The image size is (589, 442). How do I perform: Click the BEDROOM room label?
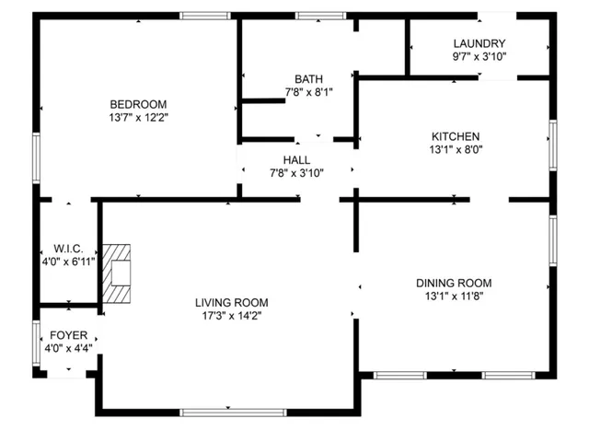click(138, 103)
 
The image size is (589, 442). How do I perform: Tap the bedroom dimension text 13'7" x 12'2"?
click(138, 117)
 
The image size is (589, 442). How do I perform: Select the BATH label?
click(308, 78)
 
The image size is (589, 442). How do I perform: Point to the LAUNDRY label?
click(479, 43)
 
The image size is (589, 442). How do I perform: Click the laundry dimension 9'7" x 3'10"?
click(479, 56)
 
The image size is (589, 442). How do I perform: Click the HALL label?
click(296, 159)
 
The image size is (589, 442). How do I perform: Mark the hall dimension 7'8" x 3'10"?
click(296, 172)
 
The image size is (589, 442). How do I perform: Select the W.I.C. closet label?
click(69, 249)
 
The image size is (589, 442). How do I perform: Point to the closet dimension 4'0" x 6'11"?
click(69, 262)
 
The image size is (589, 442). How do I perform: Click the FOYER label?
click(68, 335)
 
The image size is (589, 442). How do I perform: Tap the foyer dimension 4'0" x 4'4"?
click(68, 349)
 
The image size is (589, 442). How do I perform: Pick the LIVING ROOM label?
click(231, 302)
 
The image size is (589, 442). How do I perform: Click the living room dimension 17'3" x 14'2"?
click(231, 316)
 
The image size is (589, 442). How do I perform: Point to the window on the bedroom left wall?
click(37, 157)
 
